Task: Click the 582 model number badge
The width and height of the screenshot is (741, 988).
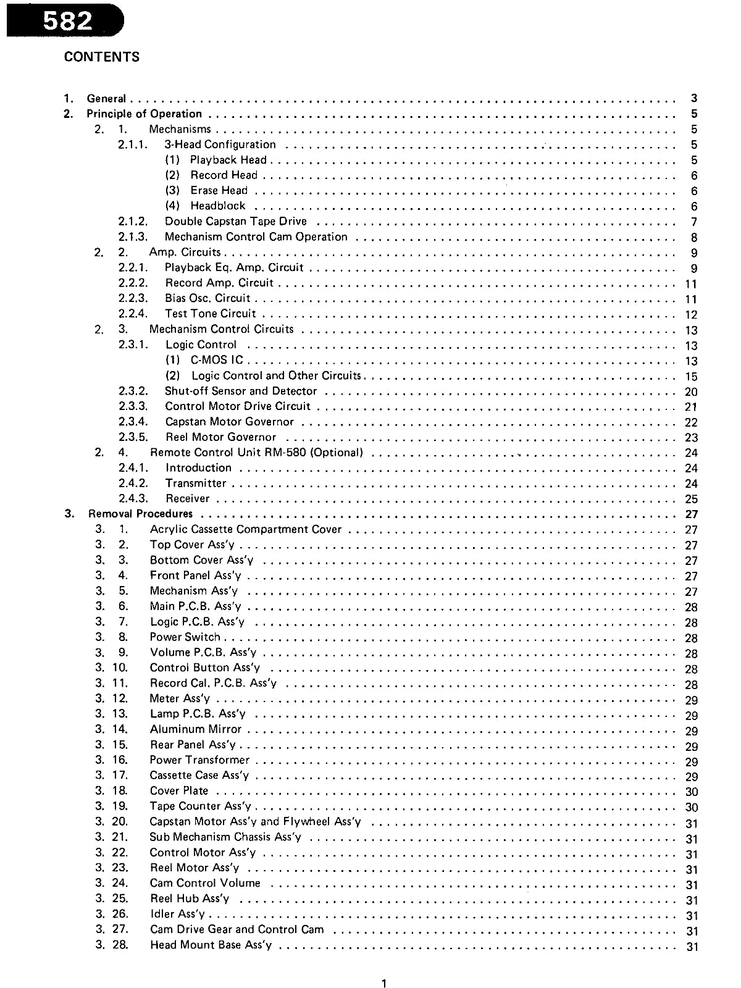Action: pos(67,21)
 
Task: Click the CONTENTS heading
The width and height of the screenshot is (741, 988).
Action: pos(102,57)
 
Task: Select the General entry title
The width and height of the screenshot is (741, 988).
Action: pos(106,98)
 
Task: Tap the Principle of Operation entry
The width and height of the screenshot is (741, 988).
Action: pos(144,114)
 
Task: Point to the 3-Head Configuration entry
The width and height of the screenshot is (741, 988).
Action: pos(220,144)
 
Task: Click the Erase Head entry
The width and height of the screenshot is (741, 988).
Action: pos(219,190)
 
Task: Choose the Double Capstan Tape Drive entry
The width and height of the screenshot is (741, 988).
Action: pos(235,221)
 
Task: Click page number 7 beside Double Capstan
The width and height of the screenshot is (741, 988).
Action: pos(694,222)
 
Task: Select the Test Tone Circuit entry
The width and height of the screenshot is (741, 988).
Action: pos(210,314)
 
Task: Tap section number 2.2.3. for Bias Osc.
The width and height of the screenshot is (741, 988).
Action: pos(133,298)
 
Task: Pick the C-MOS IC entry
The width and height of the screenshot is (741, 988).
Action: pos(217,360)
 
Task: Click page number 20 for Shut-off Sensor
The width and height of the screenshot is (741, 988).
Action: pos(691,391)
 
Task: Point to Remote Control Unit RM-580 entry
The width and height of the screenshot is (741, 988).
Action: pos(256,453)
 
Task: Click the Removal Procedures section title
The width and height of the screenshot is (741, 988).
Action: pos(140,514)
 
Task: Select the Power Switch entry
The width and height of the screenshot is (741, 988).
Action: pos(185,637)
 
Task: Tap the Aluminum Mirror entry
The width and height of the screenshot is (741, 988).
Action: pos(195,729)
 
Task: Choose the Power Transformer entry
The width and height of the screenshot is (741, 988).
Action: pos(199,760)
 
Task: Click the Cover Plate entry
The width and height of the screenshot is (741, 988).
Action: pos(179,791)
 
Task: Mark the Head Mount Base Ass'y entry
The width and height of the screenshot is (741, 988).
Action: pos(211,945)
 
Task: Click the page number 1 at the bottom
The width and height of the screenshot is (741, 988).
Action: pos(384,984)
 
